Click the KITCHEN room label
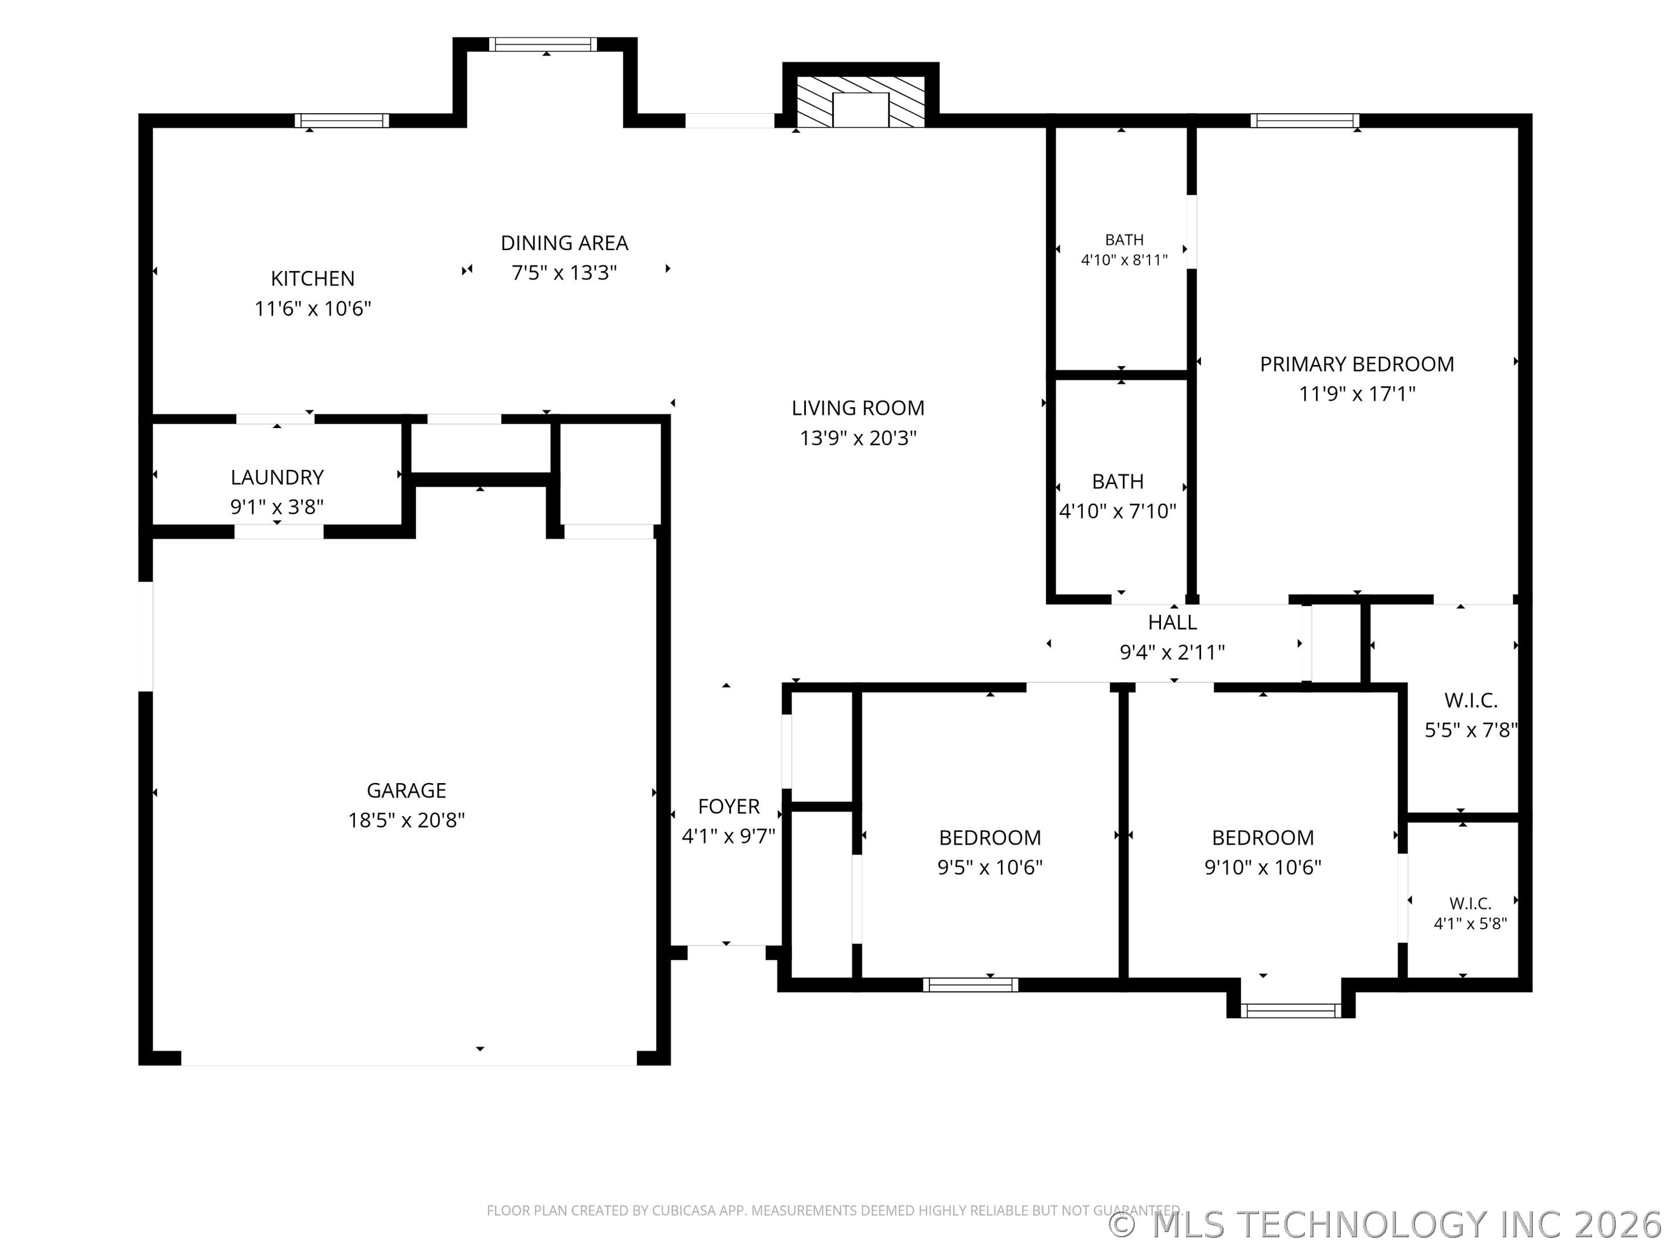coord(313,278)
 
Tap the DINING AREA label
coord(565,243)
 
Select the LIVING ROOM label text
coord(858,408)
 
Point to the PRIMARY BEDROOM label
coord(1357,364)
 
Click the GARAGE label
coord(406,790)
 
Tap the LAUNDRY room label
coord(277,477)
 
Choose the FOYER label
coord(728,807)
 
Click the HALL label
coord(1173,622)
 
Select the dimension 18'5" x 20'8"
coord(406,820)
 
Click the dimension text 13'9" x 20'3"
coord(858,438)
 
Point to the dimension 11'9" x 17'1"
coord(1357,393)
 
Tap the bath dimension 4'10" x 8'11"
coord(1124,260)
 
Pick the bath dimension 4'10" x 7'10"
coord(1118,511)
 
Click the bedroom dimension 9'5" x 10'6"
coord(990,867)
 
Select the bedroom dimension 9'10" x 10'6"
coord(1263,867)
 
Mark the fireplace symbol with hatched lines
coord(860,101)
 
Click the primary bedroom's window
coord(1305,121)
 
